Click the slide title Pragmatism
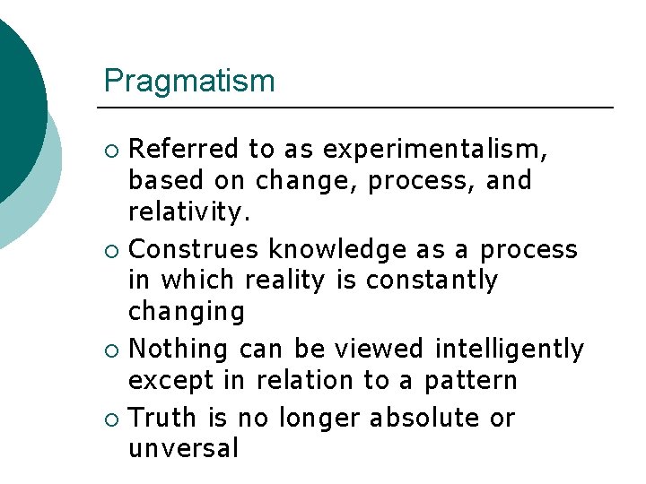point(189,82)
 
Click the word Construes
point(196,248)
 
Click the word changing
point(186,313)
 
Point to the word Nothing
point(184,348)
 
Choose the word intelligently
point(509,348)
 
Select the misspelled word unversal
point(183,449)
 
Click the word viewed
point(387,348)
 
